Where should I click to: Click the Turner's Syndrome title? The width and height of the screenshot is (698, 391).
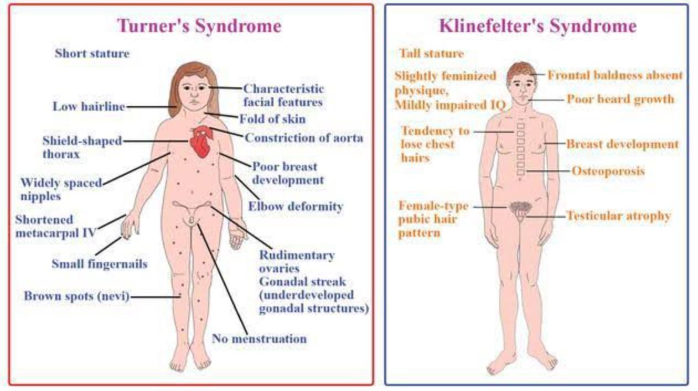[x=199, y=26]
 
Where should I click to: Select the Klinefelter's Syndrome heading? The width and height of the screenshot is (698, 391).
[x=537, y=26]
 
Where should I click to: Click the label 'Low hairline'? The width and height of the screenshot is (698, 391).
[x=89, y=107]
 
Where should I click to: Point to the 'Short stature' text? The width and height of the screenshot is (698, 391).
[x=92, y=54]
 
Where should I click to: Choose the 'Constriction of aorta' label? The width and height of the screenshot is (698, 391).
[x=304, y=138]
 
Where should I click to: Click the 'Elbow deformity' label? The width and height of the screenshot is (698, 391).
[x=296, y=207]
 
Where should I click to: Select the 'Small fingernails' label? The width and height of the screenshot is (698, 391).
[x=100, y=264]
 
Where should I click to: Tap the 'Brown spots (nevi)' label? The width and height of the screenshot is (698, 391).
[x=76, y=296]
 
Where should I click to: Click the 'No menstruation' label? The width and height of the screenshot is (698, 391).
[x=259, y=338]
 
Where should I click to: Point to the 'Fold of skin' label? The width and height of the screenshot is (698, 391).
[x=272, y=119]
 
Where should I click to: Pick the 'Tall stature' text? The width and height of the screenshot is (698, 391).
[x=431, y=54]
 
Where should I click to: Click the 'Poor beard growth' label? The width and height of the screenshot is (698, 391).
[x=620, y=100]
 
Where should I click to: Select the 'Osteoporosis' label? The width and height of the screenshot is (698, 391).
[x=608, y=171]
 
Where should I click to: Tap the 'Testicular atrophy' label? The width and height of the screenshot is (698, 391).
[x=618, y=216]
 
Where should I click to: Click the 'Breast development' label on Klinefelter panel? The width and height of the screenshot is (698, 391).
[x=622, y=144]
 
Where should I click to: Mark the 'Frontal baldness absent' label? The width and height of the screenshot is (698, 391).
[x=615, y=75]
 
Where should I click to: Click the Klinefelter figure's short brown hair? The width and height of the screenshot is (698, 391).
[x=520, y=70]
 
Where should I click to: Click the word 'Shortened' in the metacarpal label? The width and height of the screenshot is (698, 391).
[x=44, y=220]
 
